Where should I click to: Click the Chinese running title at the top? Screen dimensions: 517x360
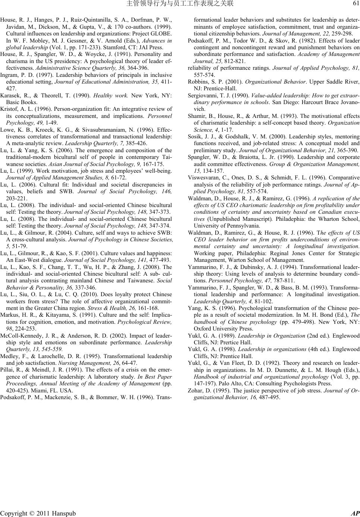180,4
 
